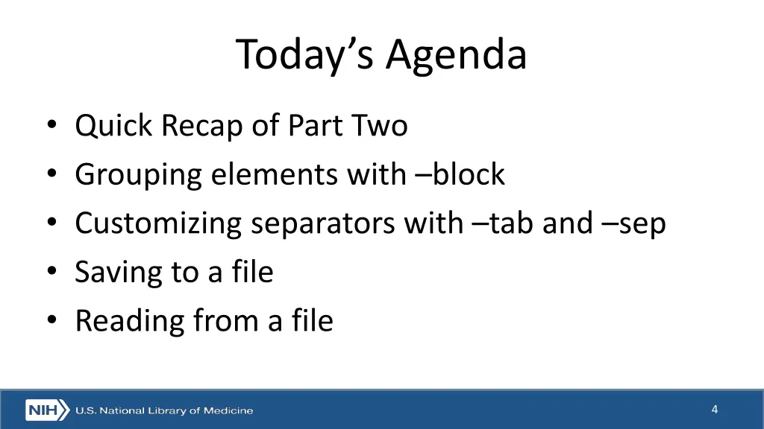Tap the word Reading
[x=129, y=322]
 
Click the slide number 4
[x=714, y=409]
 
